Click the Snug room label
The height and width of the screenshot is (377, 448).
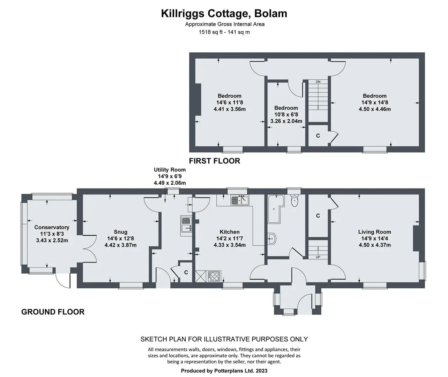click(121, 232)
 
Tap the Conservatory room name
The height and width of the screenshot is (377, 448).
click(52, 227)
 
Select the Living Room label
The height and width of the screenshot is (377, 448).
click(375, 232)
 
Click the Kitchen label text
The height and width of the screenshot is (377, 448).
click(229, 232)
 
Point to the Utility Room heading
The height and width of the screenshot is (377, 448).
click(170, 170)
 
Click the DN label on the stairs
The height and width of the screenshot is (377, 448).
click(318, 82)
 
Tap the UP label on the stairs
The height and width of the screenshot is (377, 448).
click(318, 257)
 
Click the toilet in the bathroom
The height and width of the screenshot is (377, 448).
click(294, 200)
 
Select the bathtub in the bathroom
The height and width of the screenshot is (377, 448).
click(276, 209)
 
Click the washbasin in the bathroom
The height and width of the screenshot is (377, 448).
click(272, 238)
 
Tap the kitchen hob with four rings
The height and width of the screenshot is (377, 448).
click(214, 276)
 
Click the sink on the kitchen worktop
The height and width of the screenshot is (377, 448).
click(240, 200)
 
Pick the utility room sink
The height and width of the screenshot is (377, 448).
click(186, 226)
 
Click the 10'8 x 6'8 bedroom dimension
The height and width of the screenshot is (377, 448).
click(286, 114)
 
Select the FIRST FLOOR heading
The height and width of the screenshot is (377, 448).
click(214, 161)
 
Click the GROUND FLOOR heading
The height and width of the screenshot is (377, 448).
click(53, 312)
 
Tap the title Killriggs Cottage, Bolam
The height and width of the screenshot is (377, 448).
click(224, 13)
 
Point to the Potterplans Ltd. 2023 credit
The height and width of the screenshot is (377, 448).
click(224, 371)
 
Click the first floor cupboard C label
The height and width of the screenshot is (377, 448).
click(318, 136)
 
